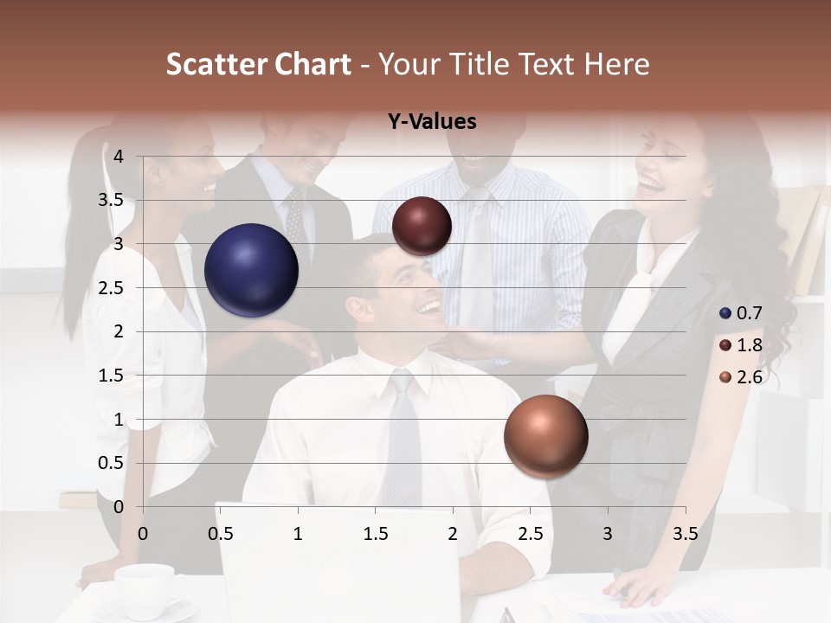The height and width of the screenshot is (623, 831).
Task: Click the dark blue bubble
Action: coord(251,270)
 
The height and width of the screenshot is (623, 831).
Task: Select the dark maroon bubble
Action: coord(422,226)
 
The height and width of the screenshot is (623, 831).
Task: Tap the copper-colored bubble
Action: coord(545,437)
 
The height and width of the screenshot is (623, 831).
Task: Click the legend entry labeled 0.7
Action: coord(741,313)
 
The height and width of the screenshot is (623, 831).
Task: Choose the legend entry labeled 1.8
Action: coord(741,345)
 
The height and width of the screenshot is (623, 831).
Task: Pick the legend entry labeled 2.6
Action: coord(741,377)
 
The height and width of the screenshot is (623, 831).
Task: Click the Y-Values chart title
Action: coord(432,122)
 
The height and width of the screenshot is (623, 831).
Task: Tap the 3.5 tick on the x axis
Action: coord(685,534)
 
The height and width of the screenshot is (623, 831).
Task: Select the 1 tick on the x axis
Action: coord(298,534)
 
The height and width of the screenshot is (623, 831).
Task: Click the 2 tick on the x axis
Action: coord(453,534)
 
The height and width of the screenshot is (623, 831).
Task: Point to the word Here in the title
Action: coord(616,64)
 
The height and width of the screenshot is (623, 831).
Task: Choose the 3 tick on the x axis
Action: coord(608,534)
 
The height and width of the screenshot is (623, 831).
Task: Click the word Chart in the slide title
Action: coord(313,64)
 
